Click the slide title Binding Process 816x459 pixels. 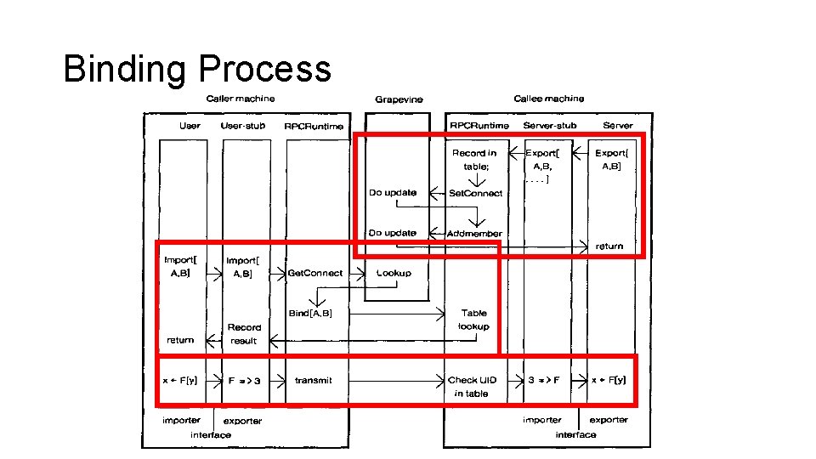(x=197, y=69)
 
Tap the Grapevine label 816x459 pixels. (x=399, y=99)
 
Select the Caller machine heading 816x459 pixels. (x=241, y=99)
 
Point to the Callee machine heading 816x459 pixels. (x=548, y=99)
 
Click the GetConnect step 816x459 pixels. (x=315, y=273)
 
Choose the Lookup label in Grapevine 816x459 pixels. (x=394, y=273)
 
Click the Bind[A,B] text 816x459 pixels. (x=310, y=313)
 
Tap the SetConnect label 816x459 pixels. (x=475, y=193)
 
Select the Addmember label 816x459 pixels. (x=474, y=233)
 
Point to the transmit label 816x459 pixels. (x=314, y=380)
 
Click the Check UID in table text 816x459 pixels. (x=473, y=387)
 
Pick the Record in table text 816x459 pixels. (x=474, y=160)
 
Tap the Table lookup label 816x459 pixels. (x=473, y=320)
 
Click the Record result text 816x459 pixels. (x=244, y=333)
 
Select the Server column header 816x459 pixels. (x=618, y=126)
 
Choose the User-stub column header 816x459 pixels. (x=243, y=126)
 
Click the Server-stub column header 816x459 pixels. (x=550, y=126)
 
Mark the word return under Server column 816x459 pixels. (x=609, y=246)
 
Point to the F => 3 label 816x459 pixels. (x=243, y=380)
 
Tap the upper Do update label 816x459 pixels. (x=393, y=193)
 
